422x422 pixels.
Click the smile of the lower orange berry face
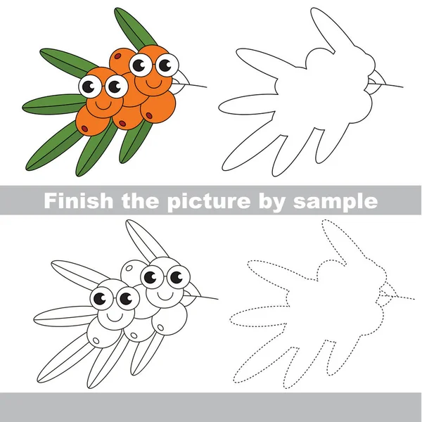point(103,104)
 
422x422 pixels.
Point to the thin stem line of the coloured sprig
point(197,87)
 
